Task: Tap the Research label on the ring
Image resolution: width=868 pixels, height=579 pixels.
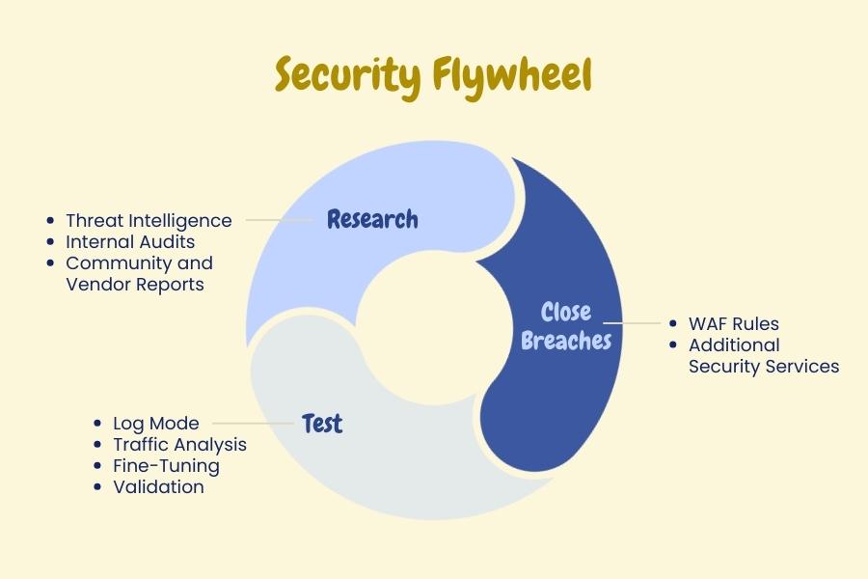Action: (x=372, y=219)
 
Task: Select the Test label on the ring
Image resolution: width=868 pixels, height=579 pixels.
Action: (x=322, y=423)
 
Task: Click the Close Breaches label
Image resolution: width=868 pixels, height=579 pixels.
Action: (x=565, y=326)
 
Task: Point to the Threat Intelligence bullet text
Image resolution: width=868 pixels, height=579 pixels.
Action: (x=149, y=220)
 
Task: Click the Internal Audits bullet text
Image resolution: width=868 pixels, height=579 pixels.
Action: (x=130, y=241)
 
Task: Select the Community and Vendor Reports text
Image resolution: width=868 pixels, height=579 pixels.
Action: (x=138, y=273)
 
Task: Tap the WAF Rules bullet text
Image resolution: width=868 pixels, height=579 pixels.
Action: (x=733, y=323)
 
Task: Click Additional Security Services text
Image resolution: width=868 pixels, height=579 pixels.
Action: (x=762, y=355)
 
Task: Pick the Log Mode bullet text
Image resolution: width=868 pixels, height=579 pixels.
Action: (x=156, y=423)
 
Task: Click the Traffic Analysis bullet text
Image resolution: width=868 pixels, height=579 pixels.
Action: (x=179, y=444)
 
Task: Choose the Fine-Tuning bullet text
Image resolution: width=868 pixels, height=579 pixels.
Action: (x=166, y=465)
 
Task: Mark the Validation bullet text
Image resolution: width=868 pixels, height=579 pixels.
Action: (x=158, y=486)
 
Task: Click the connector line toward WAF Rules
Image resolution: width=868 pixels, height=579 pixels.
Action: (x=632, y=323)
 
